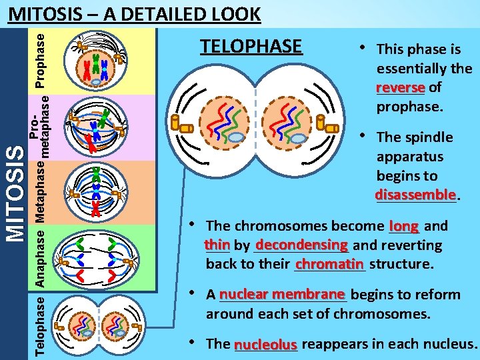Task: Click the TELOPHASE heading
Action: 251,47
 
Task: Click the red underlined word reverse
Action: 400,88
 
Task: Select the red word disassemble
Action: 416,195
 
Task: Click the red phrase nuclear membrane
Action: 281,295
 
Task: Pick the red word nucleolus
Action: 265,345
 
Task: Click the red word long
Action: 404,226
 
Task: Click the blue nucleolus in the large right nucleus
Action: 298,138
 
